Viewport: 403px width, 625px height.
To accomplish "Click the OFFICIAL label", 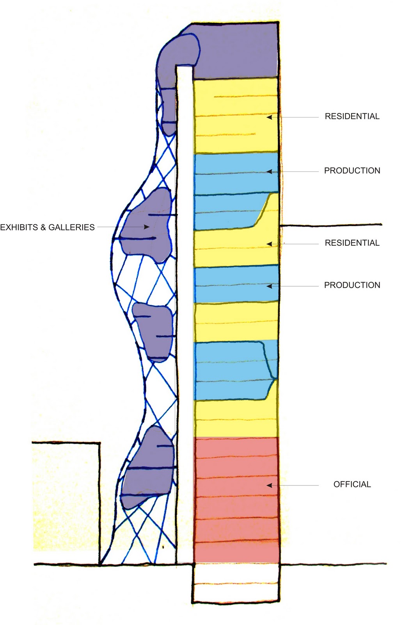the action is pos(352,484).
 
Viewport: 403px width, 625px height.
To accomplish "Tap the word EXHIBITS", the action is pos(19,227).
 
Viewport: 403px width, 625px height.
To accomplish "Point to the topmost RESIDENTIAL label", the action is pos(352,116).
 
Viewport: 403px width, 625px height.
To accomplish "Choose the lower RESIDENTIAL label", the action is pos(352,243).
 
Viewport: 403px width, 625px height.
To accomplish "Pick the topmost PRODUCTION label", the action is pos(352,171).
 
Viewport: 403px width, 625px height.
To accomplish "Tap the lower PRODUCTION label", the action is pos(352,285).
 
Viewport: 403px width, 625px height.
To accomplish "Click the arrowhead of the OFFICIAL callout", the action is pos(269,485).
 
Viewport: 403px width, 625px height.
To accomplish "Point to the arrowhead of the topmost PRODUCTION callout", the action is pos(269,171).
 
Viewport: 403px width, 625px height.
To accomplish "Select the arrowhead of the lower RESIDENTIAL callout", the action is pos(269,244).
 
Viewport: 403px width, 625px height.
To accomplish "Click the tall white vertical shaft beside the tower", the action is pos(185,312).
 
